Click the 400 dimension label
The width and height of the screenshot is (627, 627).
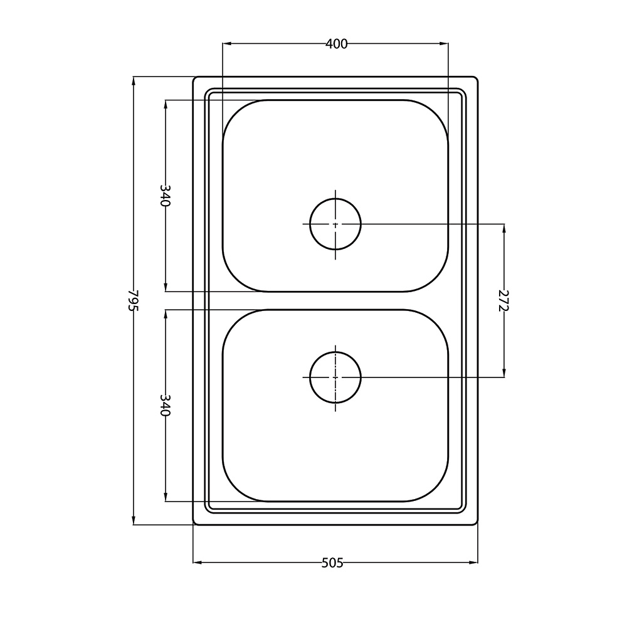[x=336, y=44]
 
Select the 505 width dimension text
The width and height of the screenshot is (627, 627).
[x=332, y=562]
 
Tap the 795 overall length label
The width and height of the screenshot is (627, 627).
[x=134, y=300]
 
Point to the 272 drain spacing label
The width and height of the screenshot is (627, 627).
[x=504, y=300]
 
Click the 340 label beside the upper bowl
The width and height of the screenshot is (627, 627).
[x=166, y=195]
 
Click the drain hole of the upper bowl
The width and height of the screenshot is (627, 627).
[x=335, y=224]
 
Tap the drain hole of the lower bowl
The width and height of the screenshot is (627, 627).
[x=335, y=377]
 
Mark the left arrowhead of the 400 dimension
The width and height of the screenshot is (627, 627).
[x=226, y=44]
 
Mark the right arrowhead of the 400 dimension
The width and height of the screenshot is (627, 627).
[x=445, y=44]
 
